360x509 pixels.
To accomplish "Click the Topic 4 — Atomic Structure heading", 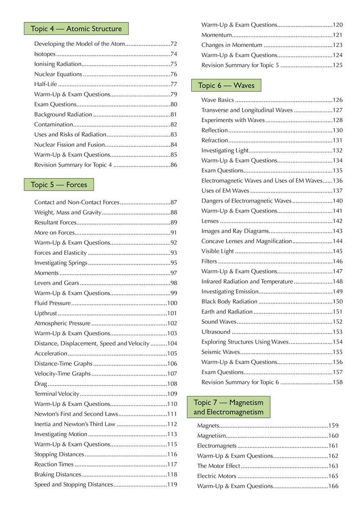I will click(x=76, y=29).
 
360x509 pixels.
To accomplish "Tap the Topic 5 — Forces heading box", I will click(x=59, y=184).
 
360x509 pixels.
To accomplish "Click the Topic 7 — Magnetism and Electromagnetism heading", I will click(x=228, y=407).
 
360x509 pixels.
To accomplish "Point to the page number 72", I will click(x=174, y=44).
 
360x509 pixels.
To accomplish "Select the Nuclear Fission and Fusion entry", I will click(x=69, y=145).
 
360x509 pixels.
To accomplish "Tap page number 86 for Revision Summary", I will click(x=174, y=165).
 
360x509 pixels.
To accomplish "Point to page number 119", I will click(x=172, y=485).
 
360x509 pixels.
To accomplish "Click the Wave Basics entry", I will click(x=217, y=100).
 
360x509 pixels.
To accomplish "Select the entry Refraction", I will click(x=215, y=140).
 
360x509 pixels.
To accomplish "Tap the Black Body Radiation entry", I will click(x=229, y=301).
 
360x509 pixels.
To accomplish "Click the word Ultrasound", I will click(x=216, y=332).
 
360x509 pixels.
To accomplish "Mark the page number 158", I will click(x=337, y=382).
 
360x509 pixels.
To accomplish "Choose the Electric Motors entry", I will click(x=216, y=476).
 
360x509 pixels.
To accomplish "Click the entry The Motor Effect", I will click(x=218, y=466).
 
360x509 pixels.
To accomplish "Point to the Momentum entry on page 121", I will click(x=216, y=35).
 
